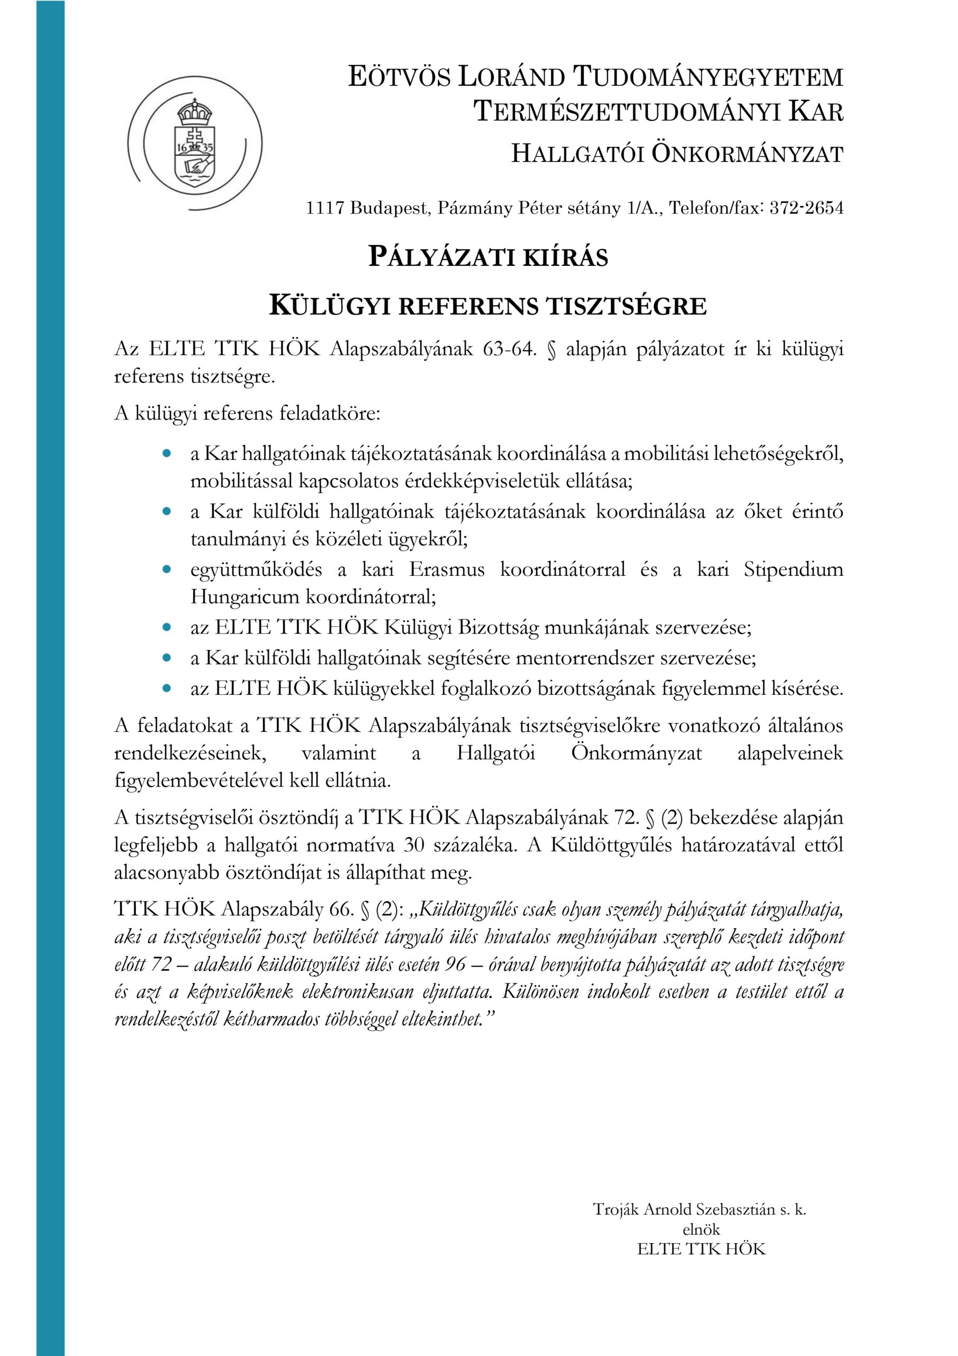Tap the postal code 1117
pyautogui.click(x=324, y=209)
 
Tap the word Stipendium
pyautogui.click(x=793, y=570)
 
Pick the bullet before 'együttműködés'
pyautogui.click(x=166, y=570)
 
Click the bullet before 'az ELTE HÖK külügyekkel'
pyautogui.click(x=166, y=689)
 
